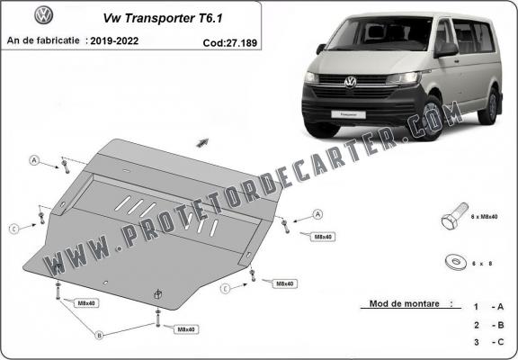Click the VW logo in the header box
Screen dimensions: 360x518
[x=41, y=15]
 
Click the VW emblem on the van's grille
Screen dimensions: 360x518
[x=351, y=82]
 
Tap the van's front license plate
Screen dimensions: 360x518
[x=352, y=114]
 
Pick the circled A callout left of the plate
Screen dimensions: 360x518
[x=34, y=161]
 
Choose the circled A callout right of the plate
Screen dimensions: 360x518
[x=317, y=214]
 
